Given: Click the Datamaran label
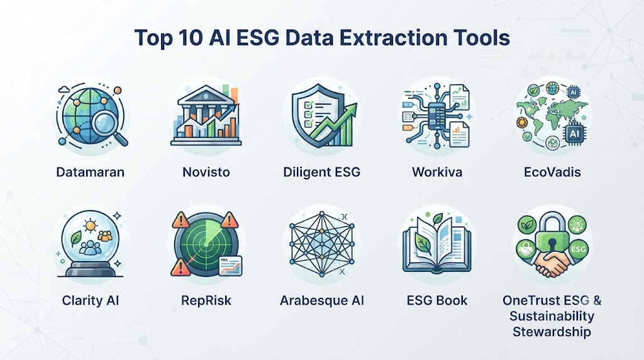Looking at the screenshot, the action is (91, 172).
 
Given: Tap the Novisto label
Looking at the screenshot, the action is (206, 172).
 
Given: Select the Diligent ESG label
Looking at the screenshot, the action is (321, 172).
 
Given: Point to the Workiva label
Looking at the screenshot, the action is (437, 172).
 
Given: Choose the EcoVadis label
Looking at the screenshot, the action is (552, 172).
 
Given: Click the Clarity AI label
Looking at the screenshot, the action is (91, 300).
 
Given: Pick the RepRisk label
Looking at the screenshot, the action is (206, 300).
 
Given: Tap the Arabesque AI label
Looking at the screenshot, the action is (322, 300).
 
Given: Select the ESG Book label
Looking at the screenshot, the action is (437, 300).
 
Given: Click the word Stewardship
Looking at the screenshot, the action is (552, 332).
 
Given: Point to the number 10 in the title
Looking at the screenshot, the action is (191, 38).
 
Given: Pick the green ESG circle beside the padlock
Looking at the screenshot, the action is (578, 249).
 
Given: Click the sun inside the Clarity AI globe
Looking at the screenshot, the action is (90, 225).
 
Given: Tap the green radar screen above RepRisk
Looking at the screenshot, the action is (206, 244).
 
